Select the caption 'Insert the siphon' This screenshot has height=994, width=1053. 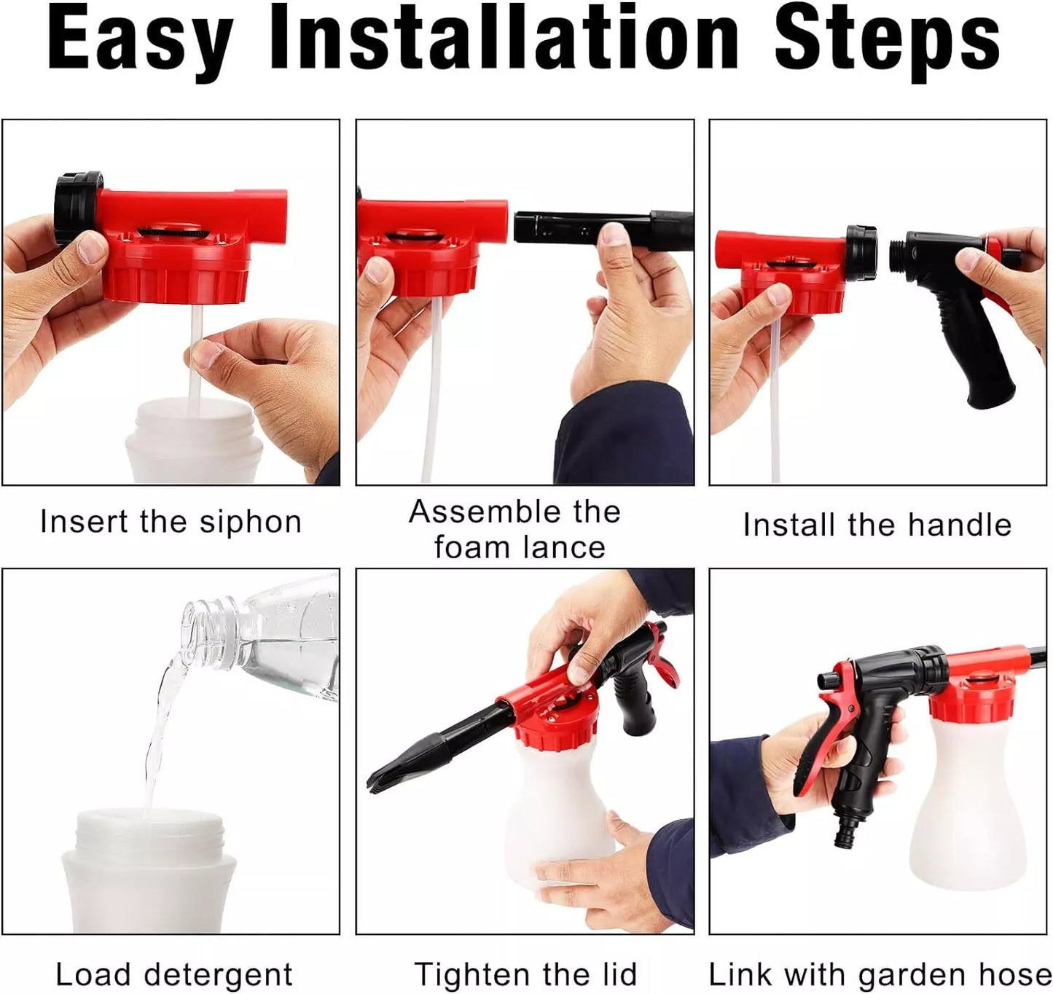pyautogui.click(x=171, y=523)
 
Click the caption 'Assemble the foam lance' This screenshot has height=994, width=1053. pyautogui.click(x=516, y=529)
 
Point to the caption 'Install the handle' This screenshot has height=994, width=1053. pyautogui.click(x=877, y=525)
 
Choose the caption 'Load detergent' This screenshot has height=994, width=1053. pyautogui.click(x=174, y=974)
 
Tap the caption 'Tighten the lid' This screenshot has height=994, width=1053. pyautogui.click(x=525, y=974)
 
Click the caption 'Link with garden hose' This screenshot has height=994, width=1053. pyautogui.click(x=880, y=974)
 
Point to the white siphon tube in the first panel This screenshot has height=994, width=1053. pyautogui.click(x=195, y=357)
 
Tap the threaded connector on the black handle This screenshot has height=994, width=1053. pyautogui.click(x=906, y=251)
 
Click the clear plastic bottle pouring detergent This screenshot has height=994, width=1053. pyautogui.click(x=277, y=641)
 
